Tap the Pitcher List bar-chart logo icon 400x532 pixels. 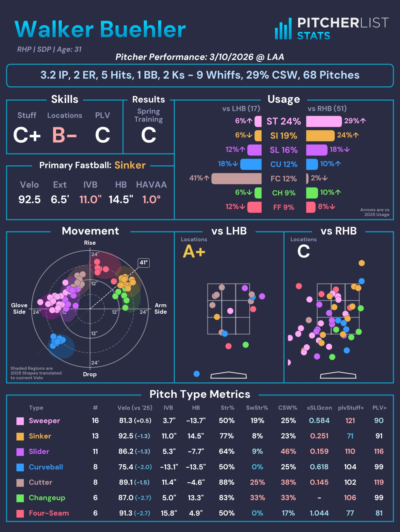click(x=283, y=29)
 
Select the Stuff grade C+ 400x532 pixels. click(x=27, y=135)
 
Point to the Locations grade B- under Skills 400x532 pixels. click(x=64, y=135)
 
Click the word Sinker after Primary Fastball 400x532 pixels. click(x=130, y=165)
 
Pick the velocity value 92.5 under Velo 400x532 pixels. click(x=29, y=199)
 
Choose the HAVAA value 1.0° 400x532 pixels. click(x=151, y=199)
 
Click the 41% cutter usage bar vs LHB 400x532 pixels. click(x=236, y=179)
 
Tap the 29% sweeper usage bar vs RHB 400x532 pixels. click(x=324, y=121)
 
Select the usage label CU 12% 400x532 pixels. click(x=284, y=164)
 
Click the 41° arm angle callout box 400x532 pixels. click(x=144, y=263)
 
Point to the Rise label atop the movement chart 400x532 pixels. click(x=90, y=243)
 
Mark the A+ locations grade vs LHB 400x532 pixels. click(x=194, y=251)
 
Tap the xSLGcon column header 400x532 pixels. click(x=319, y=408)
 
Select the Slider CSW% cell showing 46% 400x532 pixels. click(x=288, y=451)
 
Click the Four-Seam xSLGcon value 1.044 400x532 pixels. click(x=319, y=513)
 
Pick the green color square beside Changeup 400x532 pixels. click(x=20, y=498)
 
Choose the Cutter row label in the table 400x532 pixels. click(x=41, y=482)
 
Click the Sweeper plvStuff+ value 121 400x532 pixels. click(x=350, y=421)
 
